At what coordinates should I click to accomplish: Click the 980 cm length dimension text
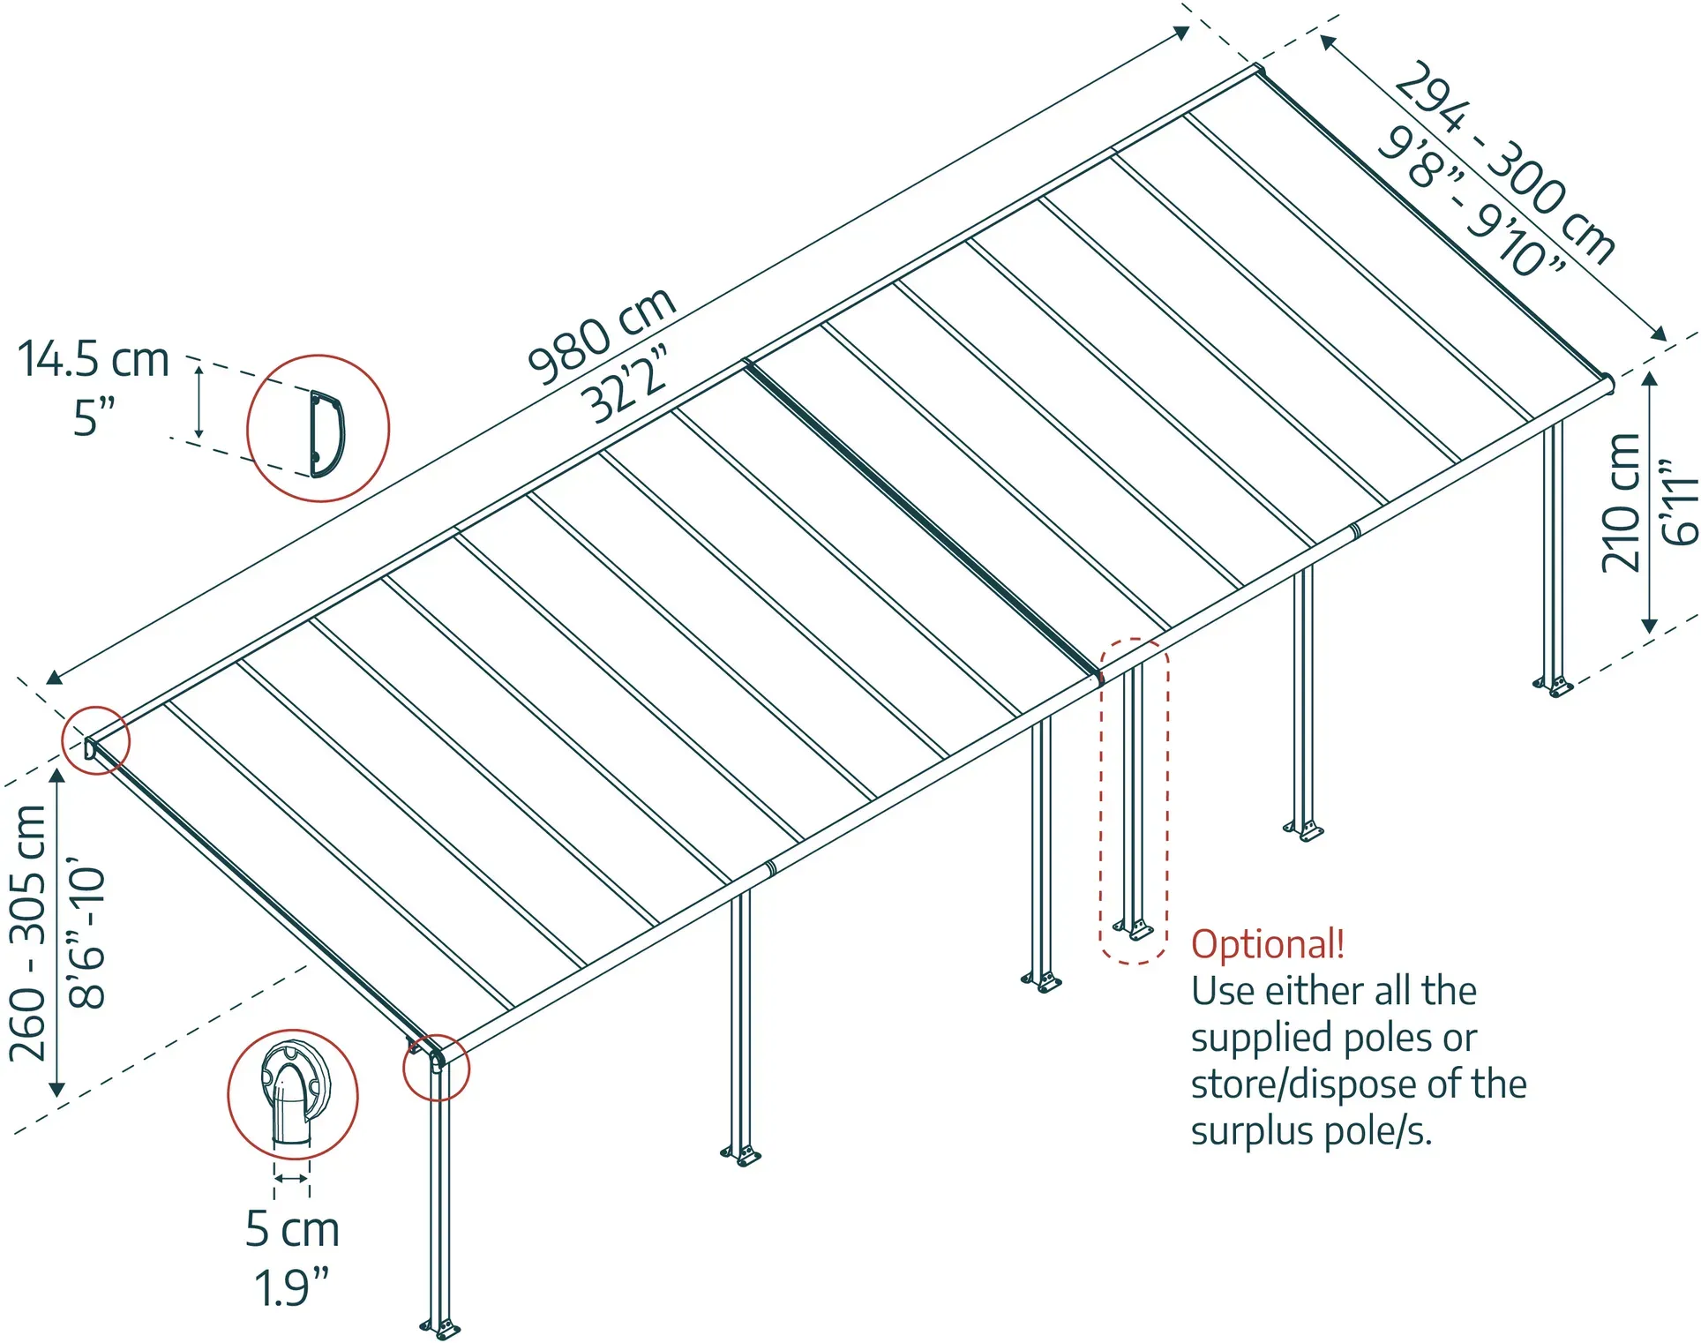click(603, 336)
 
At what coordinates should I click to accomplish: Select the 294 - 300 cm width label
click(1504, 162)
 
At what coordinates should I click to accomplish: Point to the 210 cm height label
click(1621, 502)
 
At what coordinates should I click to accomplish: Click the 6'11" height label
click(1679, 501)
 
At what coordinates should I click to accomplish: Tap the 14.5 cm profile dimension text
click(94, 359)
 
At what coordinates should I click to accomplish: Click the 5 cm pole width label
click(292, 1228)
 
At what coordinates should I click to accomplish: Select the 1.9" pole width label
click(291, 1287)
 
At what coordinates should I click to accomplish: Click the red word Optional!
click(1268, 944)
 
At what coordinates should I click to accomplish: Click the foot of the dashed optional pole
click(1134, 929)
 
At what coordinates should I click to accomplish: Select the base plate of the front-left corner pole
click(440, 1327)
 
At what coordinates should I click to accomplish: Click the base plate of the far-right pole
click(1553, 685)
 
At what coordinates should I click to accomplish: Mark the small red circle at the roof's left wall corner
click(95, 740)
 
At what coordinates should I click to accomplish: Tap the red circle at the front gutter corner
click(436, 1068)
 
